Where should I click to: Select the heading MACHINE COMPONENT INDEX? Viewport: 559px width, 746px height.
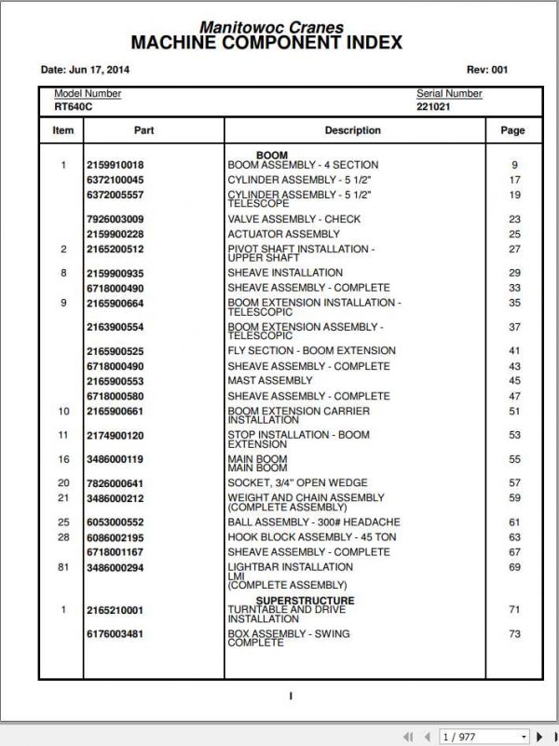tap(266, 44)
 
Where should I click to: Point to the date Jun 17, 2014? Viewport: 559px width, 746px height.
tap(85, 70)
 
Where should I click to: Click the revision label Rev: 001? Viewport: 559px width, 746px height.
tap(486, 70)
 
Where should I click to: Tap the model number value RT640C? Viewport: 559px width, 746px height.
tap(73, 107)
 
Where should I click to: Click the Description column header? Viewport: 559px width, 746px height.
tap(352, 130)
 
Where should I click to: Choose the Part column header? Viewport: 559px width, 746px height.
tap(143, 130)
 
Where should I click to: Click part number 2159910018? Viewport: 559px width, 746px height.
tap(115, 166)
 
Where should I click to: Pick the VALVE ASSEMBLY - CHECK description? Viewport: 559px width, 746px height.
tap(293, 220)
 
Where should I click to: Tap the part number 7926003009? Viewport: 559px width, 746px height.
tap(115, 220)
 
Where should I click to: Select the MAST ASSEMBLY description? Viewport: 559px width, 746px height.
tap(270, 381)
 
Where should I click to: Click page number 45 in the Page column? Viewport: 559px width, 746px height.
tap(514, 381)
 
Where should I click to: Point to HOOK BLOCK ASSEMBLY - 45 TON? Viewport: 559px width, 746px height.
tap(311, 537)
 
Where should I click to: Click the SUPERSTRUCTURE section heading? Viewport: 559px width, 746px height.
tap(305, 601)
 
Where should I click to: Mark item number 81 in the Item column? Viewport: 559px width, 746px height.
tap(63, 567)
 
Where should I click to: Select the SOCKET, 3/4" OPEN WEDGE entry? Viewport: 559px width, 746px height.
tap(297, 483)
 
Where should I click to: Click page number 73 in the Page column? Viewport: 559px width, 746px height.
tap(514, 634)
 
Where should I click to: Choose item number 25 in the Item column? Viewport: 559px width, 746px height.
tap(63, 522)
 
